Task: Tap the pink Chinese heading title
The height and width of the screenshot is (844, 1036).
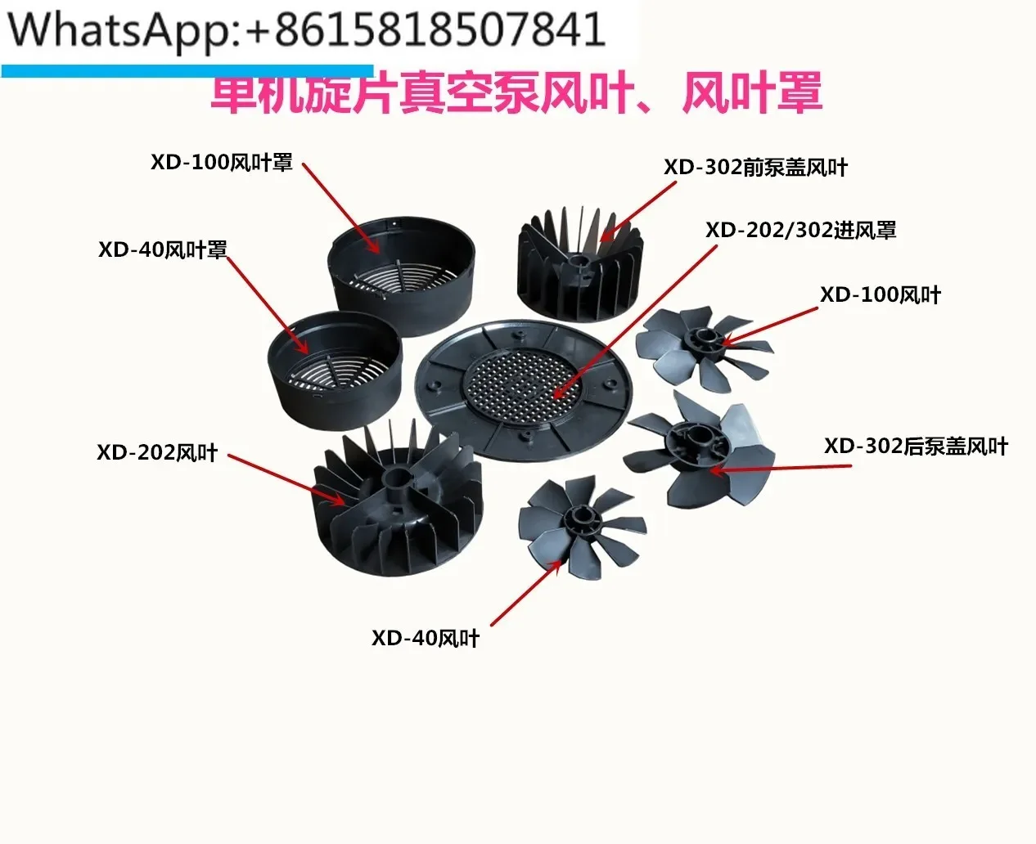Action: pos(516,92)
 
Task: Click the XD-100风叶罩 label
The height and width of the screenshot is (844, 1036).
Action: pos(221,162)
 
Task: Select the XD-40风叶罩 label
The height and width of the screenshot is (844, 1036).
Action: pos(162,249)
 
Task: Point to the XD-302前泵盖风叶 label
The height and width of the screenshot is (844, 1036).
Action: pos(755,168)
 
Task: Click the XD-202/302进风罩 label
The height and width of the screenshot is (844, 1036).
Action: pos(800,230)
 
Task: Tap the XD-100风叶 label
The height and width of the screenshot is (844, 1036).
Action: pos(881,294)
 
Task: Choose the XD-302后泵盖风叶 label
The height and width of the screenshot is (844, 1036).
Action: pos(916,447)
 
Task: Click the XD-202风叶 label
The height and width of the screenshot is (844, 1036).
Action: pos(157,452)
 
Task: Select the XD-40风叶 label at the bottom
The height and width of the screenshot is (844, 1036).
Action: pos(426,638)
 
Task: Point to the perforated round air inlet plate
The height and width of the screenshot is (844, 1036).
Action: pos(524,388)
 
